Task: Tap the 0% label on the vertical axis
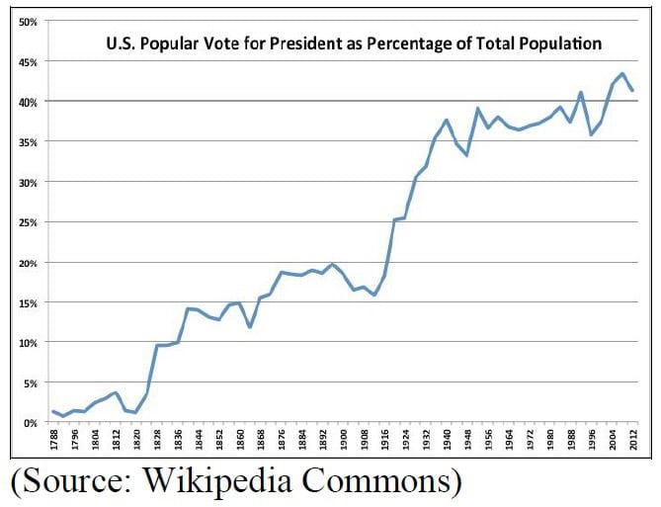[x=28, y=423]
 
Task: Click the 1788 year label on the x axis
[x=53, y=440]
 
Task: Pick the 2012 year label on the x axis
[x=632, y=440]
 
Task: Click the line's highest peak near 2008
[x=621, y=73]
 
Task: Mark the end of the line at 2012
[x=632, y=90]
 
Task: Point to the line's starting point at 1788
[x=53, y=411]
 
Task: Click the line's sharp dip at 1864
[x=250, y=327]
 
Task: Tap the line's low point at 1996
[x=591, y=134]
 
